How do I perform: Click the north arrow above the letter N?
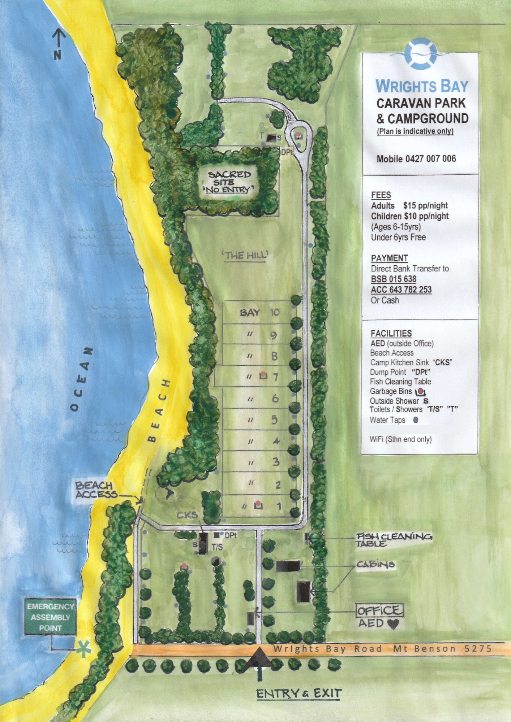[x=59, y=38]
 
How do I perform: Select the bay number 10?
[x=275, y=312]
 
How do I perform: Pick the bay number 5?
[x=275, y=420]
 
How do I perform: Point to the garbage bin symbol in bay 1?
[x=258, y=505]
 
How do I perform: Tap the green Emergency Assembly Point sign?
[x=50, y=617]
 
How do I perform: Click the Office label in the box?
[x=379, y=610]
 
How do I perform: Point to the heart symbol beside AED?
[x=393, y=624]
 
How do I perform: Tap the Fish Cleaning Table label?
[x=394, y=539]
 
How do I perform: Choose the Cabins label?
[x=375, y=564]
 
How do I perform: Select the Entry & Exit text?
[x=299, y=693]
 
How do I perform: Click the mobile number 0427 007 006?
[x=416, y=159]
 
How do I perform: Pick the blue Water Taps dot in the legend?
[x=416, y=420]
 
